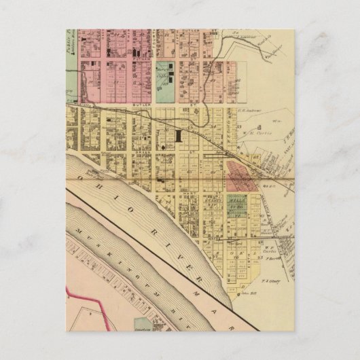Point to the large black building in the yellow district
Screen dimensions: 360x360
coord(178,136)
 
